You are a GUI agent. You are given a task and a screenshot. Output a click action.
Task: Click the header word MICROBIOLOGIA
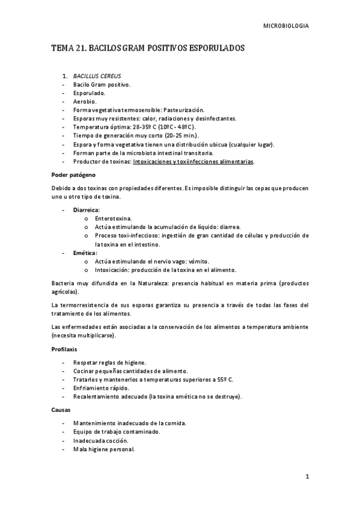[x=287, y=26]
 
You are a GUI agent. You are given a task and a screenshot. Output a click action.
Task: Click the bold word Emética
[x=84, y=253]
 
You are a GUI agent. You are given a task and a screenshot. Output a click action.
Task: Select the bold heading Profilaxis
[x=64, y=349]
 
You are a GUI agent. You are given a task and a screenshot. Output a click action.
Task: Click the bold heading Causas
[x=61, y=410]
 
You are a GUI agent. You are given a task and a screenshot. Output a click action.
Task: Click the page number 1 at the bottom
[x=307, y=478]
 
